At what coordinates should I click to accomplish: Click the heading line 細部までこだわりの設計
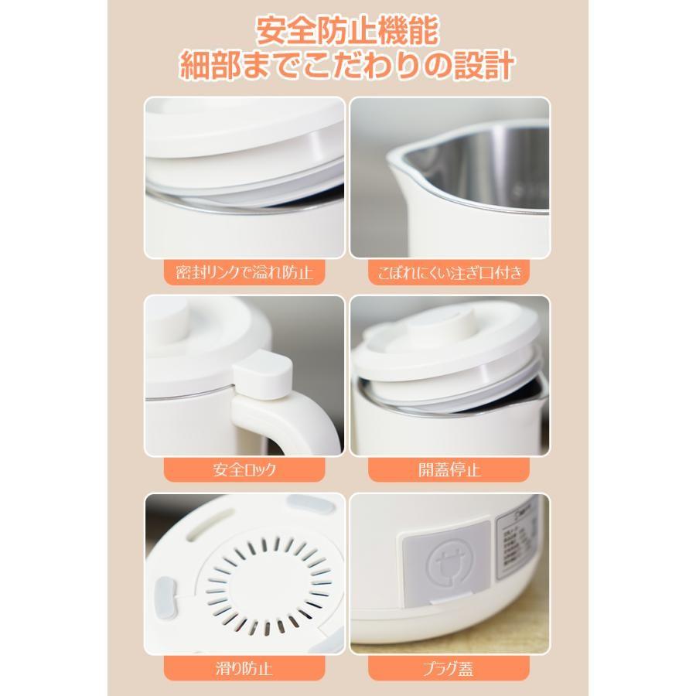click(x=347, y=67)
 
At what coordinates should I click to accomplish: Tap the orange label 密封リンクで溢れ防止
click(x=244, y=272)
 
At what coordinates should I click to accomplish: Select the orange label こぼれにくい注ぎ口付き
click(x=449, y=272)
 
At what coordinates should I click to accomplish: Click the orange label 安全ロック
click(x=244, y=469)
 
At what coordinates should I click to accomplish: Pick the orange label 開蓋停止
click(x=449, y=469)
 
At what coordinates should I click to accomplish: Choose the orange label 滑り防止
click(x=244, y=666)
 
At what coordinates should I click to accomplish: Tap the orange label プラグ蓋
click(x=449, y=666)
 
